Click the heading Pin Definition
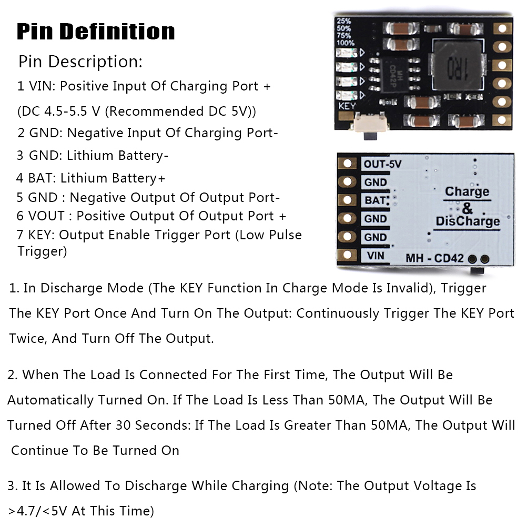[96, 32]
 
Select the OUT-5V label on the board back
[382, 164]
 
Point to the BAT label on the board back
[375, 200]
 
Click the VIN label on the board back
[376, 256]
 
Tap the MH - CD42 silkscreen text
[434, 258]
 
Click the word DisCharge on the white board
[468, 221]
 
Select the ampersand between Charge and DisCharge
[467, 208]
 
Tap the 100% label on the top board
[345, 43]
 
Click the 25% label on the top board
[344, 21]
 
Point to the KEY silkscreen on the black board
[347, 106]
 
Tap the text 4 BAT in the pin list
[36, 178]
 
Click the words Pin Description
[80, 62]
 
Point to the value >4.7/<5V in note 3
[38, 511]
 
